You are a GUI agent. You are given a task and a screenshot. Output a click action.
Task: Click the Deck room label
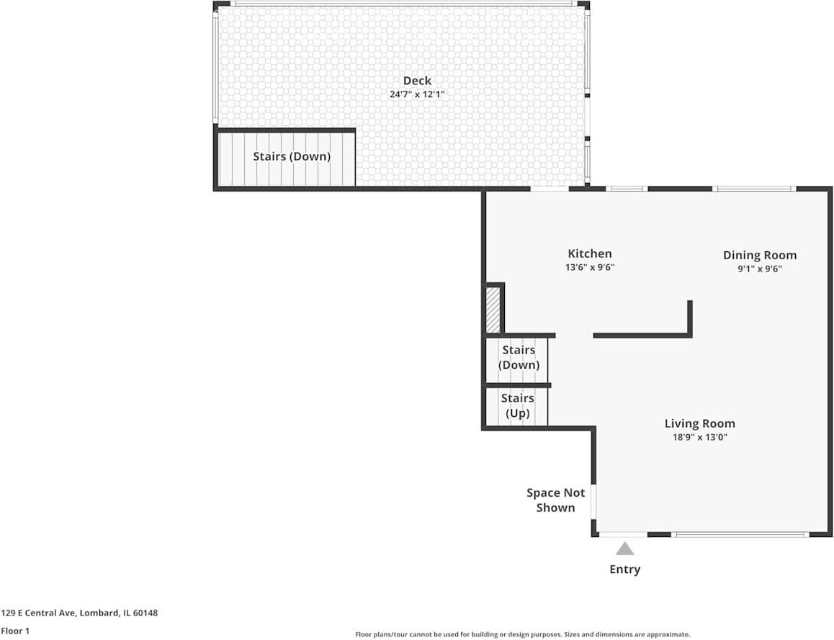click(x=417, y=81)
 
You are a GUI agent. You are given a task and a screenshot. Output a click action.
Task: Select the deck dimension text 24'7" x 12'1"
click(x=417, y=94)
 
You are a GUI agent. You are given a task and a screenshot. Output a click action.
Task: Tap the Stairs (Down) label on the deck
click(x=292, y=156)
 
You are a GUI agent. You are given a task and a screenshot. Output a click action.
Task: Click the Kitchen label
click(x=590, y=253)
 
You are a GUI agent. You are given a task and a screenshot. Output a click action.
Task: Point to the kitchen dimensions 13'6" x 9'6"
click(x=590, y=267)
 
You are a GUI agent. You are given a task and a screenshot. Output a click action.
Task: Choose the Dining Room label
click(x=760, y=255)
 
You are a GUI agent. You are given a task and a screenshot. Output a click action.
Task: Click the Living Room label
click(x=699, y=423)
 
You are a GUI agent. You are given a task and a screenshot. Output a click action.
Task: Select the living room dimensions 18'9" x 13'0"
click(x=699, y=437)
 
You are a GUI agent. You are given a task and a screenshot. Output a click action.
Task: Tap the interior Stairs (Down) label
click(x=519, y=357)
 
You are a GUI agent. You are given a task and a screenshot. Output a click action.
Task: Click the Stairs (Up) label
click(x=518, y=405)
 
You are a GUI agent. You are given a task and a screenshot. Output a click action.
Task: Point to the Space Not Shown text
click(x=555, y=500)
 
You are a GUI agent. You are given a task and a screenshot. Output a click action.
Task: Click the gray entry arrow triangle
click(x=624, y=549)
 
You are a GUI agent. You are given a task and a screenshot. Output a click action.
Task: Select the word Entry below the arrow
click(x=624, y=569)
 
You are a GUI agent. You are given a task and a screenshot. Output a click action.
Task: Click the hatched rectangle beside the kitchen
click(x=493, y=310)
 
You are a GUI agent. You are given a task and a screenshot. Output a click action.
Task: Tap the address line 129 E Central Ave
click(x=79, y=613)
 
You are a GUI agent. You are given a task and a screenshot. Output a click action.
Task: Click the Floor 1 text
click(x=14, y=631)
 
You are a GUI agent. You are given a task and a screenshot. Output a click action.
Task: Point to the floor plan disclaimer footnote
click(x=522, y=634)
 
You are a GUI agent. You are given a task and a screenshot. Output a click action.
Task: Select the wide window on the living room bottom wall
click(x=740, y=535)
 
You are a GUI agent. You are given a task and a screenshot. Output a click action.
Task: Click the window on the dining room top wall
click(x=754, y=189)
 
